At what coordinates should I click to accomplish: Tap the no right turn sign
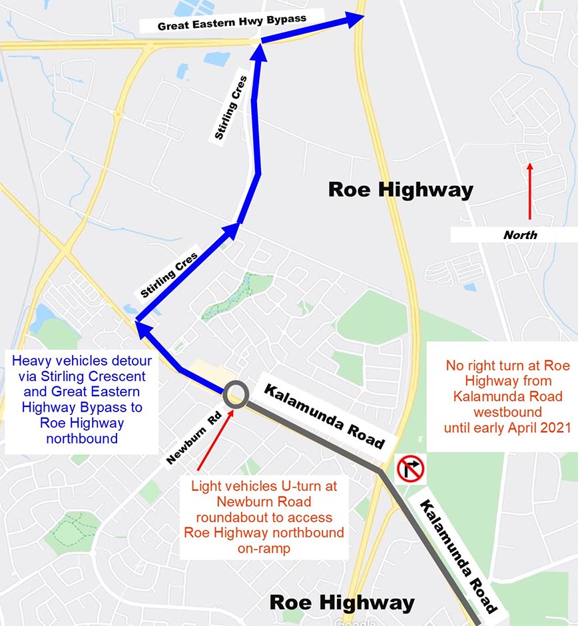(x=410, y=469)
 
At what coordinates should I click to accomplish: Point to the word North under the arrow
(x=520, y=234)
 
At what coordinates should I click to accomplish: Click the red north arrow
(x=530, y=191)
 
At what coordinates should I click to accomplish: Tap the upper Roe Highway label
(x=400, y=190)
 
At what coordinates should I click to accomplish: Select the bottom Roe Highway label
(x=342, y=603)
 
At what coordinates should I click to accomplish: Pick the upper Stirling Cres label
(x=230, y=108)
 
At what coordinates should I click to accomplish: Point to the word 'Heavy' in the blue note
(x=31, y=361)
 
